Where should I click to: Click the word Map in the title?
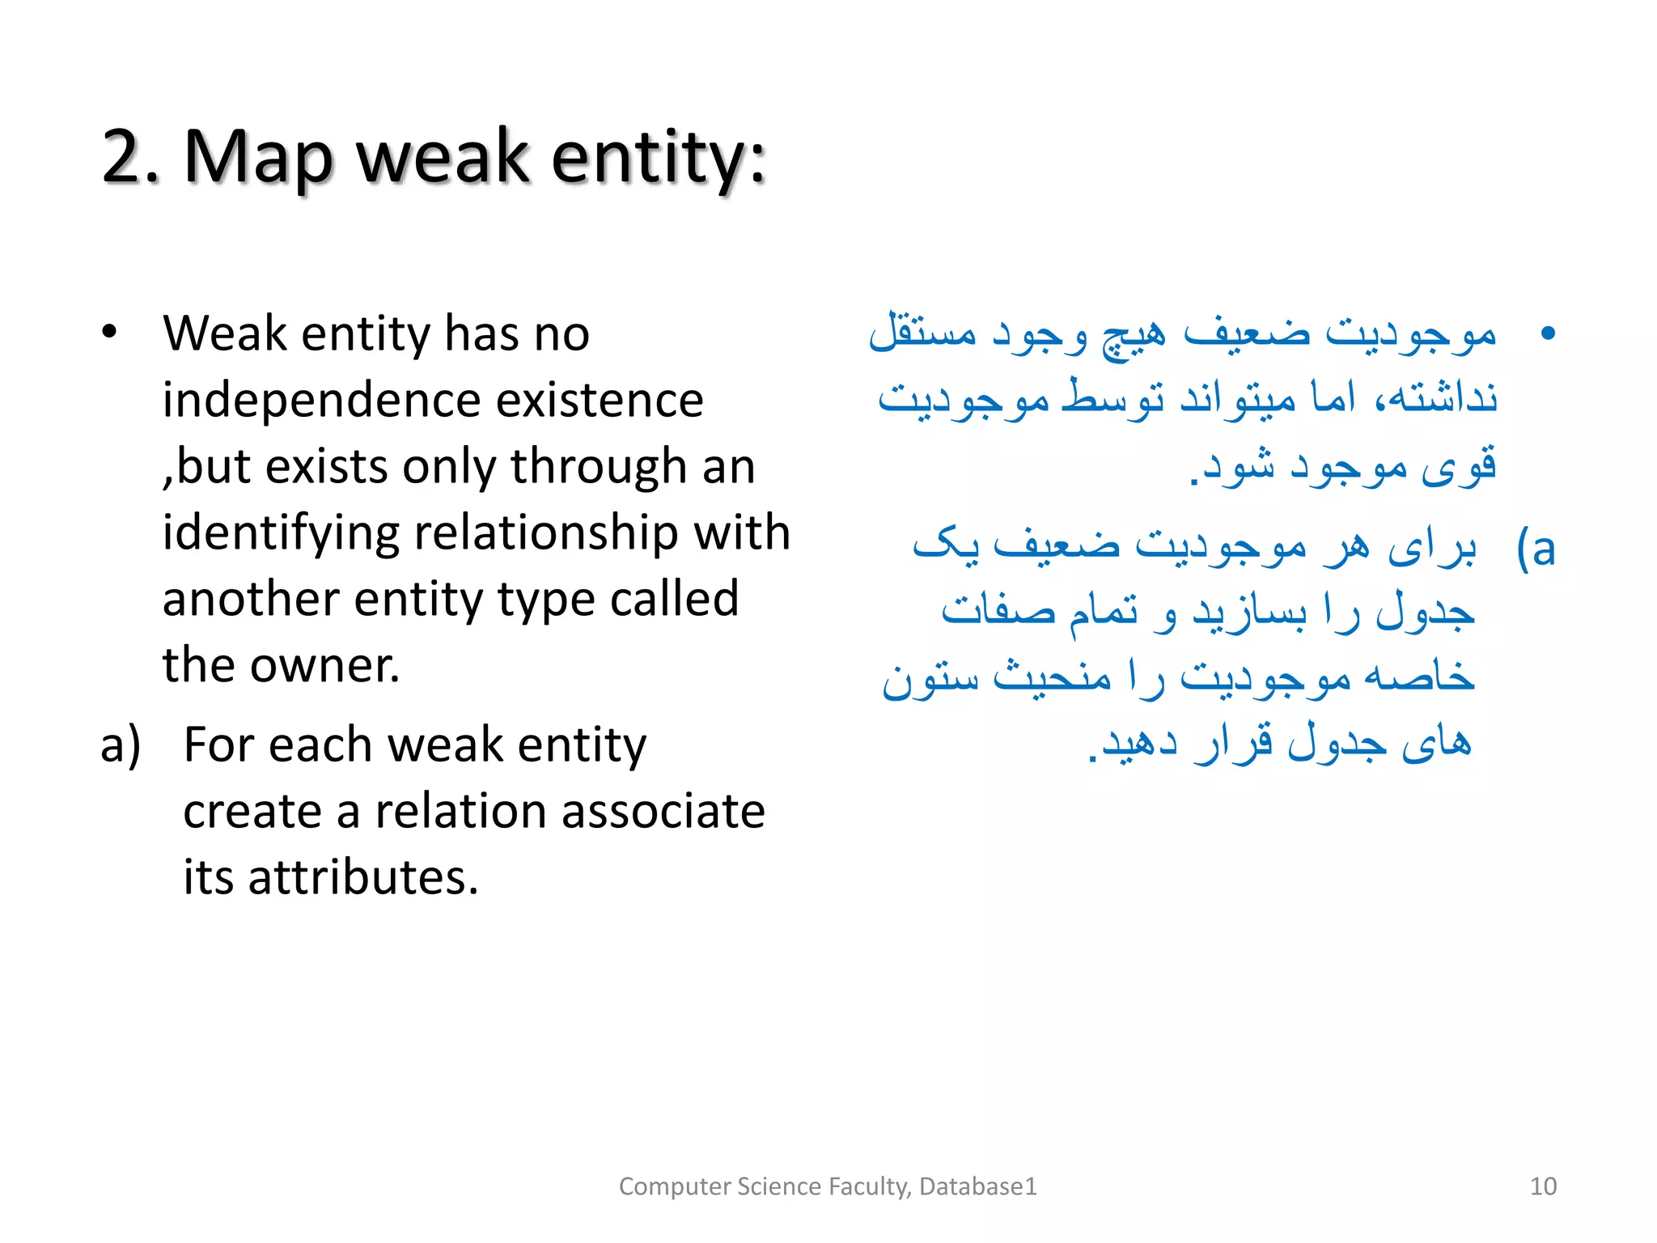pos(257,158)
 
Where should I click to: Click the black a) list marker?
pos(121,745)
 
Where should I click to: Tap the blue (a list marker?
pos(1536,549)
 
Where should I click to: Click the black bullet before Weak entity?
pos(109,333)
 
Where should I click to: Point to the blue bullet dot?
pos(1548,333)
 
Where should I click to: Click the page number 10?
pos(1543,1186)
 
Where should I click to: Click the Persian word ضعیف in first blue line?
pos(1246,333)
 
